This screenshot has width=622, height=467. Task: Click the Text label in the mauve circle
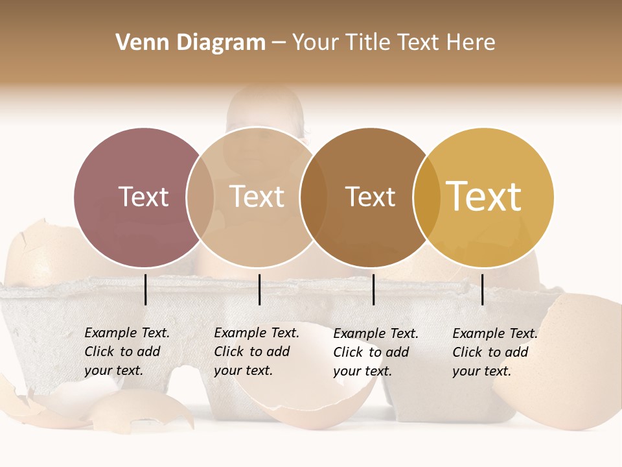[143, 197]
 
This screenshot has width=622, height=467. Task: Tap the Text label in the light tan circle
[257, 197]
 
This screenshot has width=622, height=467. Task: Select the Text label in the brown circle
[370, 197]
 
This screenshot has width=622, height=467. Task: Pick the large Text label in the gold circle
[484, 197]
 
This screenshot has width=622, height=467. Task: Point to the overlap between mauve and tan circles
[200, 197]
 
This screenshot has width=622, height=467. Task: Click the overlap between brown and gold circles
[426, 197]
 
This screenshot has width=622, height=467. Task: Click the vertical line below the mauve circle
[145, 289]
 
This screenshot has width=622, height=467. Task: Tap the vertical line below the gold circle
[483, 289]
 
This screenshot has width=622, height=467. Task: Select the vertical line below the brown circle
[373, 289]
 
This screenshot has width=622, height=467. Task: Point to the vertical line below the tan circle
[259, 289]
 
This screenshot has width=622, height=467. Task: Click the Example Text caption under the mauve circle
[126, 352]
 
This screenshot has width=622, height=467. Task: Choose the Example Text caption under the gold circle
[494, 352]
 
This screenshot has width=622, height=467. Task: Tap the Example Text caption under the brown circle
[375, 352]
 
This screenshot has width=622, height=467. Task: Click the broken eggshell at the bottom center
[305, 402]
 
